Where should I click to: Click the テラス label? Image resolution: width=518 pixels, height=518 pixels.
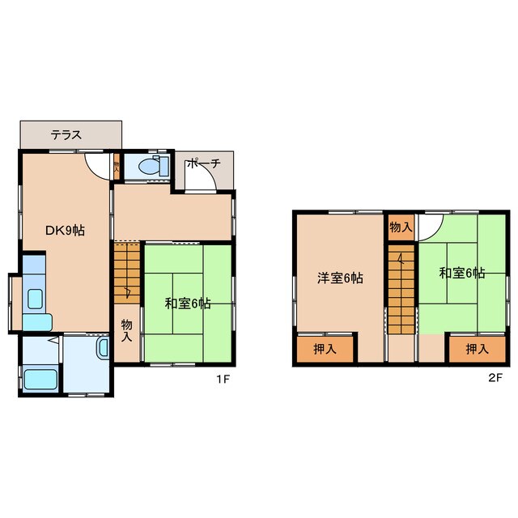pyautogui.click(x=66, y=135)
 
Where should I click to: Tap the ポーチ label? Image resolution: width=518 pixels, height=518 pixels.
pyautogui.click(x=202, y=163)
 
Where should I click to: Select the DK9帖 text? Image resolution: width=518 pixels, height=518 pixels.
pyautogui.click(x=64, y=231)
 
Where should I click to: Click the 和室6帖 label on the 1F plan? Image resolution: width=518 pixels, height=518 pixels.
pyautogui.click(x=188, y=304)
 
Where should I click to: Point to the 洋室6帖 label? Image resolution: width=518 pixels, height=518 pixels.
pyautogui.click(x=339, y=278)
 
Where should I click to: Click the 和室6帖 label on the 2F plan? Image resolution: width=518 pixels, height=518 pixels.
pyautogui.click(x=462, y=273)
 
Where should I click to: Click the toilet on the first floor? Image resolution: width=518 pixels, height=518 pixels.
pyautogui.click(x=151, y=168)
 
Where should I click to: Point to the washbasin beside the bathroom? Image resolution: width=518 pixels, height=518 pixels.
pyautogui.click(x=103, y=349)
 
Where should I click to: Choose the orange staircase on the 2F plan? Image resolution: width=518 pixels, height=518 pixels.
pyautogui.click(x=400, y=291)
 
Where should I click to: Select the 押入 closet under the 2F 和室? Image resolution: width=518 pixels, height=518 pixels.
pyautogui.click(x=477, y=349)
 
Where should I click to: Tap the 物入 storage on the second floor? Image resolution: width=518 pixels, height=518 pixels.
pyautogui.click(x=401, y=227)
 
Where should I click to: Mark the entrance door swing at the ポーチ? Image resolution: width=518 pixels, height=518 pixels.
pyautogui.click(x=199, y=180)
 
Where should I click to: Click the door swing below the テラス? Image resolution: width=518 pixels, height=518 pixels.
pyautogui.click(x=98, y=165)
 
